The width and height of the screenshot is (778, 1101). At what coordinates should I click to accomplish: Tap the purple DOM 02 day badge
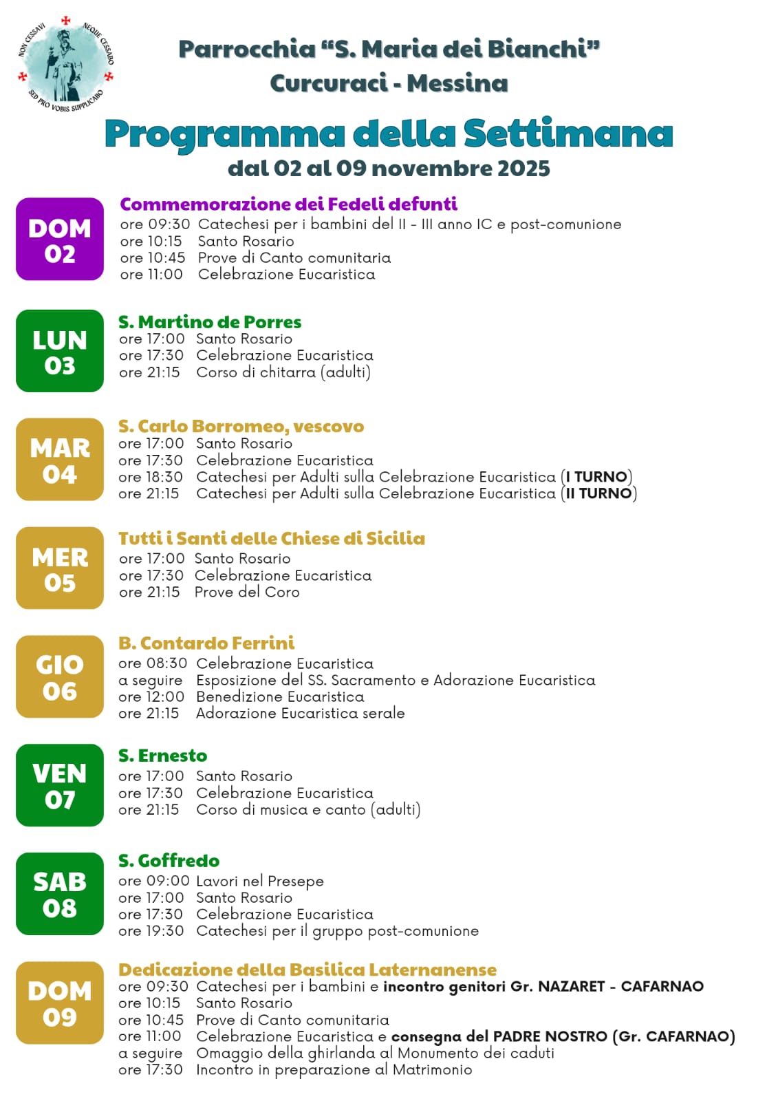point(60,239)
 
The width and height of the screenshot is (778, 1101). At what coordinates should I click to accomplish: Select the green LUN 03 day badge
point(60,351)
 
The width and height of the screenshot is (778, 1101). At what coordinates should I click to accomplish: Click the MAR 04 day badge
point(60,460)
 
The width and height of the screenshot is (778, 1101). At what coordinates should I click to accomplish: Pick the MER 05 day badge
point(60,568)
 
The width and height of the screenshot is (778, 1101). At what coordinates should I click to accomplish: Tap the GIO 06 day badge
point(60,677)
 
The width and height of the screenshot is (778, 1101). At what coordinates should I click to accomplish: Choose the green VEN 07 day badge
point(60,785)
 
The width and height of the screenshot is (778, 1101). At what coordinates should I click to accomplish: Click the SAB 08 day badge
point(60,894)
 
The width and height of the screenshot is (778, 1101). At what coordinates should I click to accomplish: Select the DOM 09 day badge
point(60,1003)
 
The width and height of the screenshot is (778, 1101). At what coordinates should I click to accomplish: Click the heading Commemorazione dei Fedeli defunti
point(288,204)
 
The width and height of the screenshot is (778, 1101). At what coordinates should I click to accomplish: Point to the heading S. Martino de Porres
point(210,322)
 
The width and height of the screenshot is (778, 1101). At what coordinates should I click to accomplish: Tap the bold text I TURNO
point(596,477)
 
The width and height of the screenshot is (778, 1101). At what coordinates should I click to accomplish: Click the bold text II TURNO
point(598,493)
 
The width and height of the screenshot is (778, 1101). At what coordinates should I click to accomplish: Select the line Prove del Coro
point(247,592)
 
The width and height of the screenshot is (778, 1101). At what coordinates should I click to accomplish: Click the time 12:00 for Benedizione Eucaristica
point(165,697)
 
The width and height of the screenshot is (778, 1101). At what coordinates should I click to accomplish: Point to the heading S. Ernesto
point(162,756)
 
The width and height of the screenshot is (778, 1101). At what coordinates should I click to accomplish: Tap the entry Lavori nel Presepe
point(259,881)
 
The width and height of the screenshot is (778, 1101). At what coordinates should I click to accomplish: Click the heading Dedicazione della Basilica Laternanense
point(307,970)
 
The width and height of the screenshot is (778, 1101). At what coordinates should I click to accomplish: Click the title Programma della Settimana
point(389,133)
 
